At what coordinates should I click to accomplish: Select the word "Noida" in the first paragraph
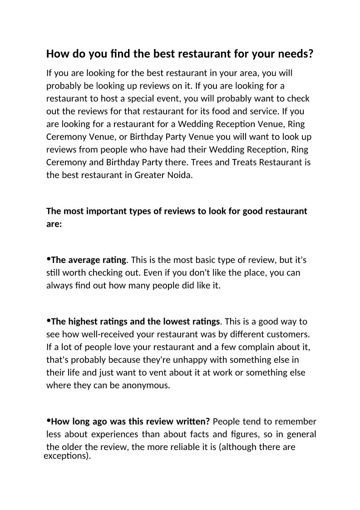(180, 175)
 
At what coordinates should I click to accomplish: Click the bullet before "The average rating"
(49, 259)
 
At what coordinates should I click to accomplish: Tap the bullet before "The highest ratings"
(49, 321)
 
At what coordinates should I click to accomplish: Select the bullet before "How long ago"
(49, 421)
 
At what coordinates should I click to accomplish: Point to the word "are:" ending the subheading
(54, 224)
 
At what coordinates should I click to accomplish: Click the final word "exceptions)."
(67, 456)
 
